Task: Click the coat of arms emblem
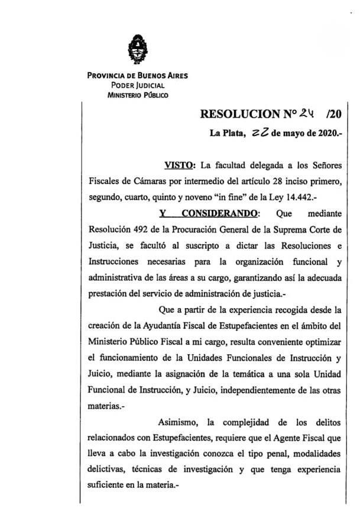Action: tap(138, 49)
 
